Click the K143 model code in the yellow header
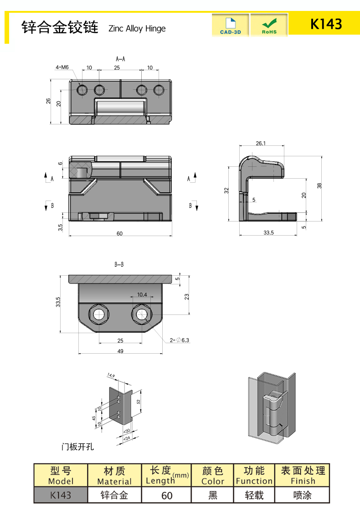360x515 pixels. (326, 24)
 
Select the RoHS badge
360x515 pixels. (269, 25)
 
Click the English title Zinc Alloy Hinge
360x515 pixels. (137, 29)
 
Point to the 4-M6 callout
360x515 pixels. (62, 67)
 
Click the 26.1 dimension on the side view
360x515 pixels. (261, 143)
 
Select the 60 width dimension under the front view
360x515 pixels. (119, 234)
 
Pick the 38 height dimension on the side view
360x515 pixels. (319, 185)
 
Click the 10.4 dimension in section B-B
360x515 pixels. (142, 295)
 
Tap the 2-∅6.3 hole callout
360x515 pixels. (179, 340)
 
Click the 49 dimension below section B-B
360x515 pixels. (120, 351)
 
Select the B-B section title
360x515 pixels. (119, 264)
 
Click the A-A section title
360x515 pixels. (120, 59)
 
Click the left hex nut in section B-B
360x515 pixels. (98, 314)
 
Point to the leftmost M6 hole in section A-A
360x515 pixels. (82, 90)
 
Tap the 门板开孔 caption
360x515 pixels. (78, 447)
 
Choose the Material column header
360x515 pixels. (114, 475)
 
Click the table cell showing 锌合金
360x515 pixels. (114, 495)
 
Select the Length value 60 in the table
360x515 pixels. (167, 495)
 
